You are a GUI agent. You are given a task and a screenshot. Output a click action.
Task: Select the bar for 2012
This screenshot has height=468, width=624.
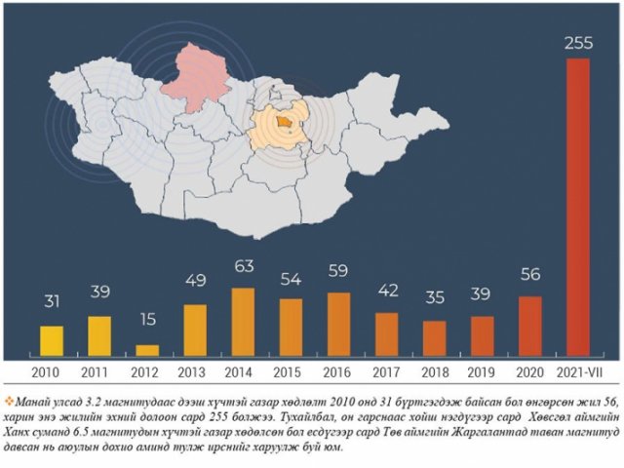(147, 350)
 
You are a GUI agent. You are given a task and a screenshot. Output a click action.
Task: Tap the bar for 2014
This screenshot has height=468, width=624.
(243, 322)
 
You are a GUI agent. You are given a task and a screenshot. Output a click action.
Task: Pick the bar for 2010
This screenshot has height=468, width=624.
(52, 340)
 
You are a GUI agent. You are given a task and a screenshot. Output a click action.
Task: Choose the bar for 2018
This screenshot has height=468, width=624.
(434, 337)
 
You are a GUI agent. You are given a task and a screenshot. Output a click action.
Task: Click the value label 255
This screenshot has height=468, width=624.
(578, 43)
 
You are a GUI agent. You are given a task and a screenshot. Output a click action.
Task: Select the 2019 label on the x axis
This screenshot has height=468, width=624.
(482, 372)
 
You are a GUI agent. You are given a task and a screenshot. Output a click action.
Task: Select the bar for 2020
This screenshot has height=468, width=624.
(529, 326)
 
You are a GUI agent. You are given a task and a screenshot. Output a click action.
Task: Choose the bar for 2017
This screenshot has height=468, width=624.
(386, 333)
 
